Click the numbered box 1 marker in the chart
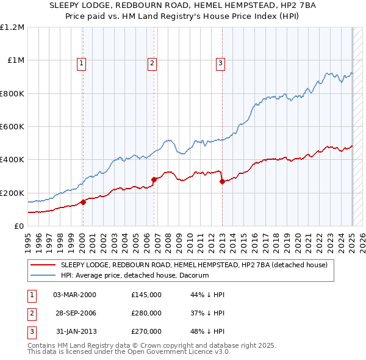click(81, 62)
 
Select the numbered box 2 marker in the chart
click(152, 62)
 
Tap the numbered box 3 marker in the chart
click(220, 62)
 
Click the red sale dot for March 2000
click(84, 202)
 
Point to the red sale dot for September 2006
click(154, 179)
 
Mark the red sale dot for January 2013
click(222, 181)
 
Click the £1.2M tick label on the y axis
click(12, 27)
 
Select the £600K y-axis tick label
click(12, 127)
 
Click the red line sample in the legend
click(43, 265)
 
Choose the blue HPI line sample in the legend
click(43, 276)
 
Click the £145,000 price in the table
click(146, 295)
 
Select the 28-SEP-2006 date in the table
click(75, 313)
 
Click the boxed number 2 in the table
click(30, 313)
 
